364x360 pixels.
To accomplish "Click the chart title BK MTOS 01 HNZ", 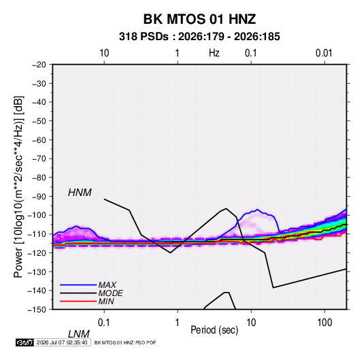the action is (199, 19).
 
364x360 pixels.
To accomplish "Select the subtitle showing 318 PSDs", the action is (199, 37).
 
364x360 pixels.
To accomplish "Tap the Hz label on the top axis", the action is (214, 53).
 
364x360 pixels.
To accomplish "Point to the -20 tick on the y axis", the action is (39, 65).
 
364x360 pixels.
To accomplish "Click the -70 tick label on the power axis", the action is (39, 159).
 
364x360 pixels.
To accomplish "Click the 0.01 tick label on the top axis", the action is (324, 53).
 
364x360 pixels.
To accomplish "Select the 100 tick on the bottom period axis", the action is (325, 323).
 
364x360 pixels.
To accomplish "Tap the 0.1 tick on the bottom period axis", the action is (104, 323).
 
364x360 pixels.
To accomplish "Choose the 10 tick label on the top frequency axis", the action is (104, 53).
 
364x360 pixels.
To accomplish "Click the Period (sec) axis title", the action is (214, 330).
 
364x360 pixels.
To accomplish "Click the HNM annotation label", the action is (80, 193).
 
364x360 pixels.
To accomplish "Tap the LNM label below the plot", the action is (78, 334).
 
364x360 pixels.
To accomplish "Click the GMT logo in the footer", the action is (24, 342).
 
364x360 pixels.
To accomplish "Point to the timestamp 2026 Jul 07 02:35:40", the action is (62, 342).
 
